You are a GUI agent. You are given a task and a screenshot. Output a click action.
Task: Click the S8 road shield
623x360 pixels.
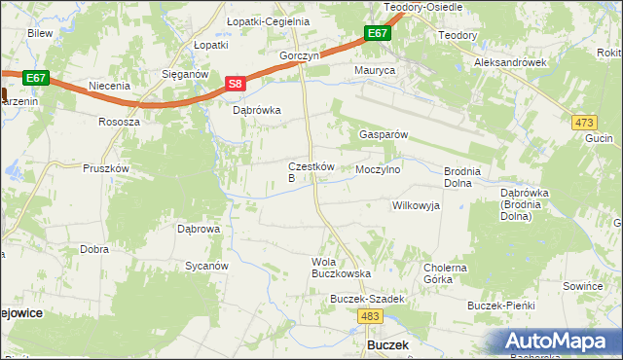click(235, 85)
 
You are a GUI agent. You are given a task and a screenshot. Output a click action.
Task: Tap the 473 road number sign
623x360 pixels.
click(584, 122)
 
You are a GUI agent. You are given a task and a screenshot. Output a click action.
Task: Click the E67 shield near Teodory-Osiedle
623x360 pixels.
click(378, 34)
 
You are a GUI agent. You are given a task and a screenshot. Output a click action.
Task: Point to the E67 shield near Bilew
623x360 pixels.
click(35, 77)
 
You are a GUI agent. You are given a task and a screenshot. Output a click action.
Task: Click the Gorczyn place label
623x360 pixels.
click(299, 56)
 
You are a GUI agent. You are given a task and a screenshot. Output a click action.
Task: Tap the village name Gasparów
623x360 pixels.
click(383, 134)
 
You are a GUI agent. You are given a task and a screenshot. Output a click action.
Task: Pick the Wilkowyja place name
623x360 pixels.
click(416, 206)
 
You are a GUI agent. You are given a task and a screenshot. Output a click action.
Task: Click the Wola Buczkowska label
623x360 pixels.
click(335, 268)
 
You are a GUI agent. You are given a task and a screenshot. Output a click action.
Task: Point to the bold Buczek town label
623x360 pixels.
click(386, 345)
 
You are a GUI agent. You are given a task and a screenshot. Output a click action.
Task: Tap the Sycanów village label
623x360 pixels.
click(206, 266)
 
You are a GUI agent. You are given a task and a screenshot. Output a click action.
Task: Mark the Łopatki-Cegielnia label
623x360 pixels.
click(254, 21)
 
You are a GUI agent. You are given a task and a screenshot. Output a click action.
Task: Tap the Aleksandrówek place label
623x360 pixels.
click(510, 61)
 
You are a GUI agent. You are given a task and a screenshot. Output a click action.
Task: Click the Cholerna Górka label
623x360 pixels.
click(446, 273)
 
